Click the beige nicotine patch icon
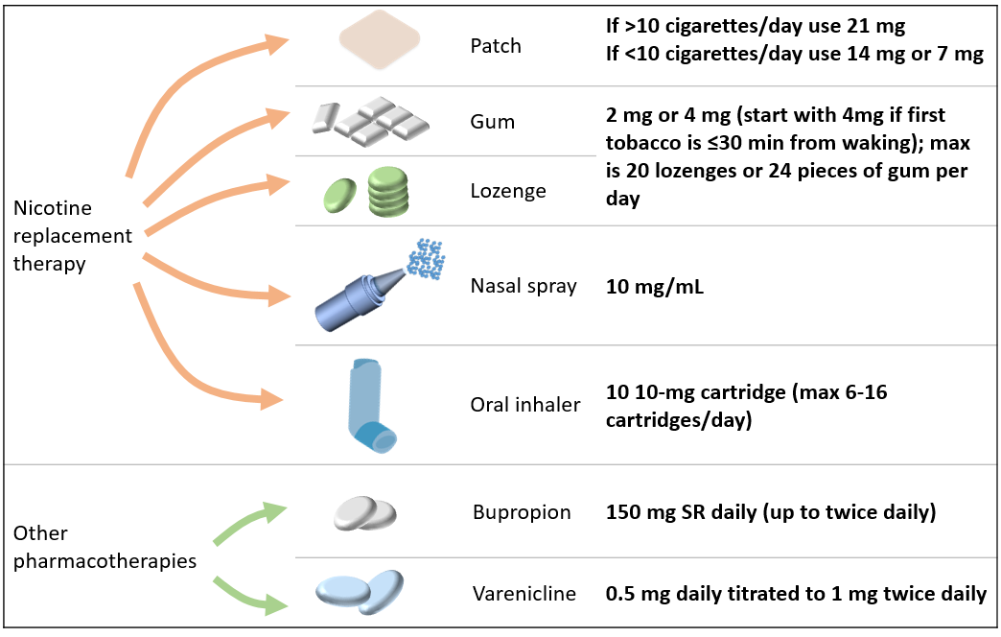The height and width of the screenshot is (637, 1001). click(x=380, y=41)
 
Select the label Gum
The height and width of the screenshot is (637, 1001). click(x=492, y=122)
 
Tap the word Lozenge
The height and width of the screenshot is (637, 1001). click(x=507, y=191)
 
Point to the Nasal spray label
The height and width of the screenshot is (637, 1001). click(x=524, y=286)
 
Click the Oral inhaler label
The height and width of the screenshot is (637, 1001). click(x=525, y=405)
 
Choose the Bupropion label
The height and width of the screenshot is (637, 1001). click(x=522, y=512)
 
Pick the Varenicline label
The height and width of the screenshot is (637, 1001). click(x=524, y=594)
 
